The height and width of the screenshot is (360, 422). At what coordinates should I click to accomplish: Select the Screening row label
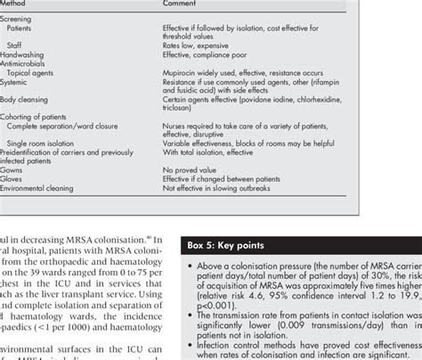(x=17, y=19)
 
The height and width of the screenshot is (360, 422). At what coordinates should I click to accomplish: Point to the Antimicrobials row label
(x=23, y=65)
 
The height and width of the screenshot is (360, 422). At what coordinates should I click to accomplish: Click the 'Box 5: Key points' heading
(x=230, y=242)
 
